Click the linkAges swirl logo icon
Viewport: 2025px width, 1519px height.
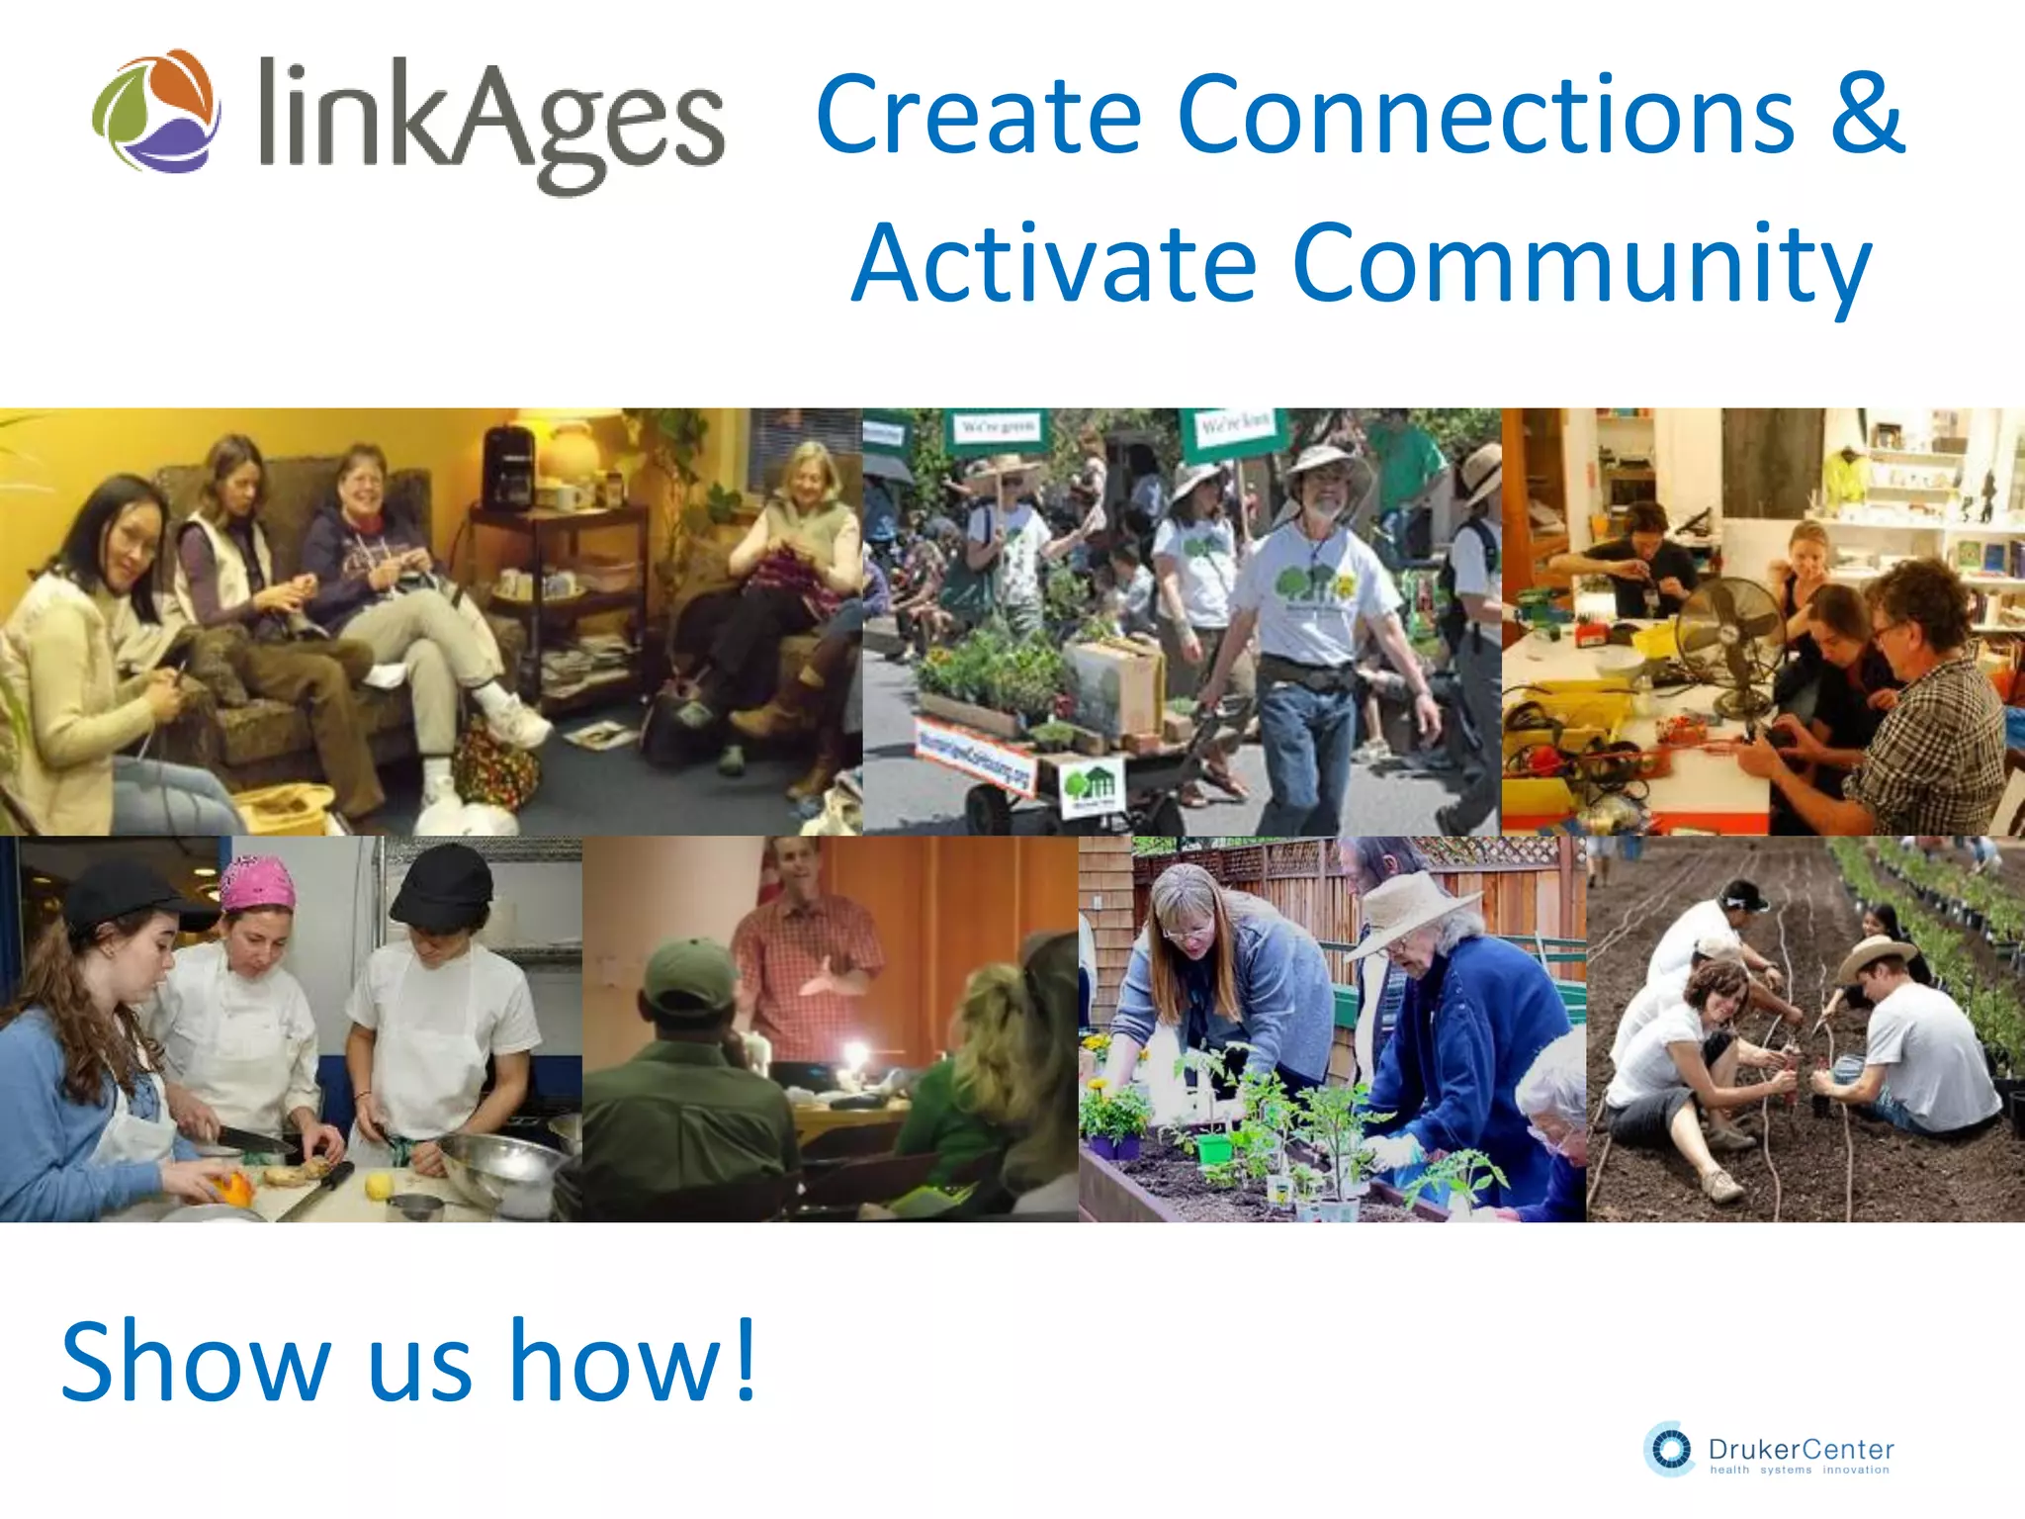click(x=156, y=111)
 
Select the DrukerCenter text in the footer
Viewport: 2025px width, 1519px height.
click(x=1801, y=1450)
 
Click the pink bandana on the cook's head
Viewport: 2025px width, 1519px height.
click(x=258, y=883)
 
